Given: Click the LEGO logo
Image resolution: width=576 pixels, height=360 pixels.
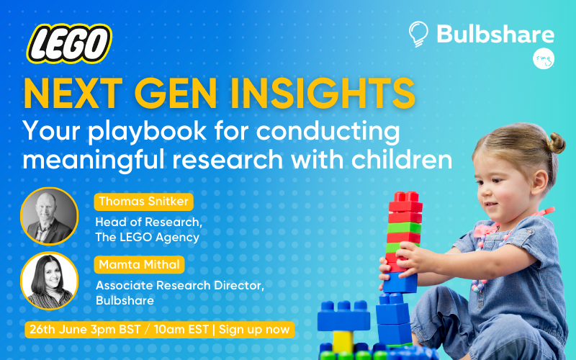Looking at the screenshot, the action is click(x=69, y=44).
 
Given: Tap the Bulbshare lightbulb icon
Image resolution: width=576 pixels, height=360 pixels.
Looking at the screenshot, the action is click(x=418, y=34).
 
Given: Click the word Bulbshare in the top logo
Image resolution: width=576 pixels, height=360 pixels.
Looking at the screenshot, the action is click(x=495, y=34).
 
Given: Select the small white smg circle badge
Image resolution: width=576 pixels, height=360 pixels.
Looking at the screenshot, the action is click(x=544, y=58).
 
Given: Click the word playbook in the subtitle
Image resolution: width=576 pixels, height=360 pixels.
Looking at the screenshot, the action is click(x=147, y=132).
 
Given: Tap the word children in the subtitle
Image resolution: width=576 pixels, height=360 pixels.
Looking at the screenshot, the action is click(x=402, y=159).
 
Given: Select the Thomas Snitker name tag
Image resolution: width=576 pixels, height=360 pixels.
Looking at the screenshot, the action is click(x=143, y=202).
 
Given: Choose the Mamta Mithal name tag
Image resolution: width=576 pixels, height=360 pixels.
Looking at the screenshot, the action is click(x=139, y=264).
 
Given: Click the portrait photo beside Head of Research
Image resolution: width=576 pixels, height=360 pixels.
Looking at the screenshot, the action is click(x=49, y=216).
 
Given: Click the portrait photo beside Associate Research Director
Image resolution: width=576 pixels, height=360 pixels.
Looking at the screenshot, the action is click(x=49, y=281).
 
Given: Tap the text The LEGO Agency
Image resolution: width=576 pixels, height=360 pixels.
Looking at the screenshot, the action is click(x=148, y=238).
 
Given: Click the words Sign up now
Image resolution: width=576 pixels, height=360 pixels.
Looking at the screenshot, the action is click(x=254, y=330).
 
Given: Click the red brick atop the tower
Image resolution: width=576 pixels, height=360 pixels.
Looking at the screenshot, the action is click(x=405, y=202).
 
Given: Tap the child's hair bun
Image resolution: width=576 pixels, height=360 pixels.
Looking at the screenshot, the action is click(x=557, y=143).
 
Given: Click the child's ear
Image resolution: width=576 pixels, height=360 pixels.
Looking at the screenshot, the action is click(x=539, y=182).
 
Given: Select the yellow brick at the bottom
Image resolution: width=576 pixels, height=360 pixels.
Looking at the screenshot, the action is click(x=343, y=341).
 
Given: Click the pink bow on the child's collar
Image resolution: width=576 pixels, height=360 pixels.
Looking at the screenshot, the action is click(x=485, y=230).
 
